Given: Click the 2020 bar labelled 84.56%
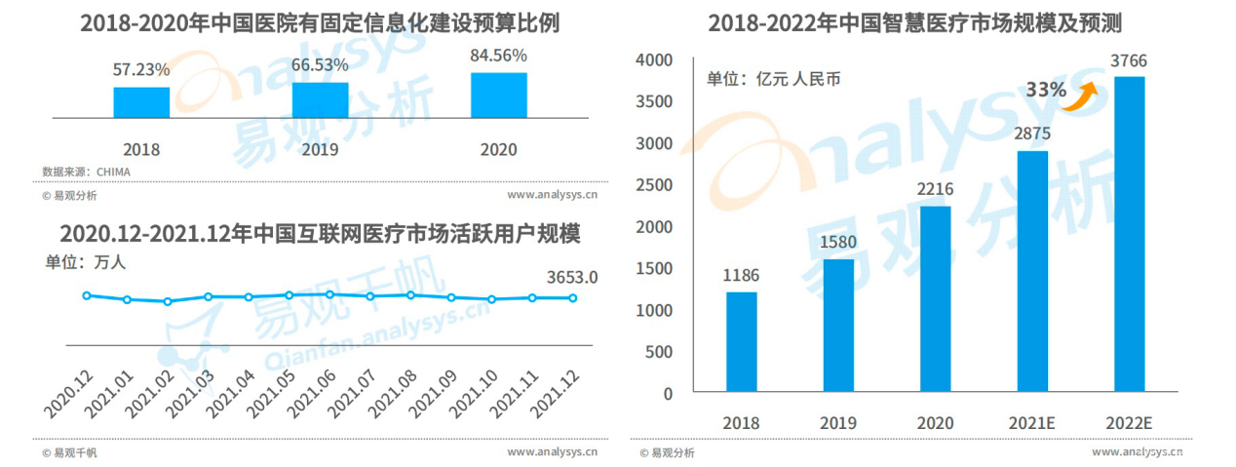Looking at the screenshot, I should [x=498, y=95].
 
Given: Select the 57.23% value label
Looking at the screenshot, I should [x=141, y=70].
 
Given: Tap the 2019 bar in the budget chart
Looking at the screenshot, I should [x=320, y=99].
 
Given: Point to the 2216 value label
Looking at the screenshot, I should [x=935, y=189].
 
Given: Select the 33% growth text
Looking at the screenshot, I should [x=1045, y=90].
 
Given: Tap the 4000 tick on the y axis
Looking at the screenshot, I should [x=653, y=60].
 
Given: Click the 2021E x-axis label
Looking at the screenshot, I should [x=1031, y=422].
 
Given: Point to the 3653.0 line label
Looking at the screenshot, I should [x=570, y=277].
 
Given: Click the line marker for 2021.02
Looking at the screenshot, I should [x=168, y=301].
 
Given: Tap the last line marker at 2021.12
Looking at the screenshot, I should [x=573, y=298].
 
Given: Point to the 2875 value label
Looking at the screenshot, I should [x=1031, y=135].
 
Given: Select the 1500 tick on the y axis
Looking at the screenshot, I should [x=653, y=269].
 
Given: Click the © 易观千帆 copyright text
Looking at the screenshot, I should [x=69, y=452].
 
